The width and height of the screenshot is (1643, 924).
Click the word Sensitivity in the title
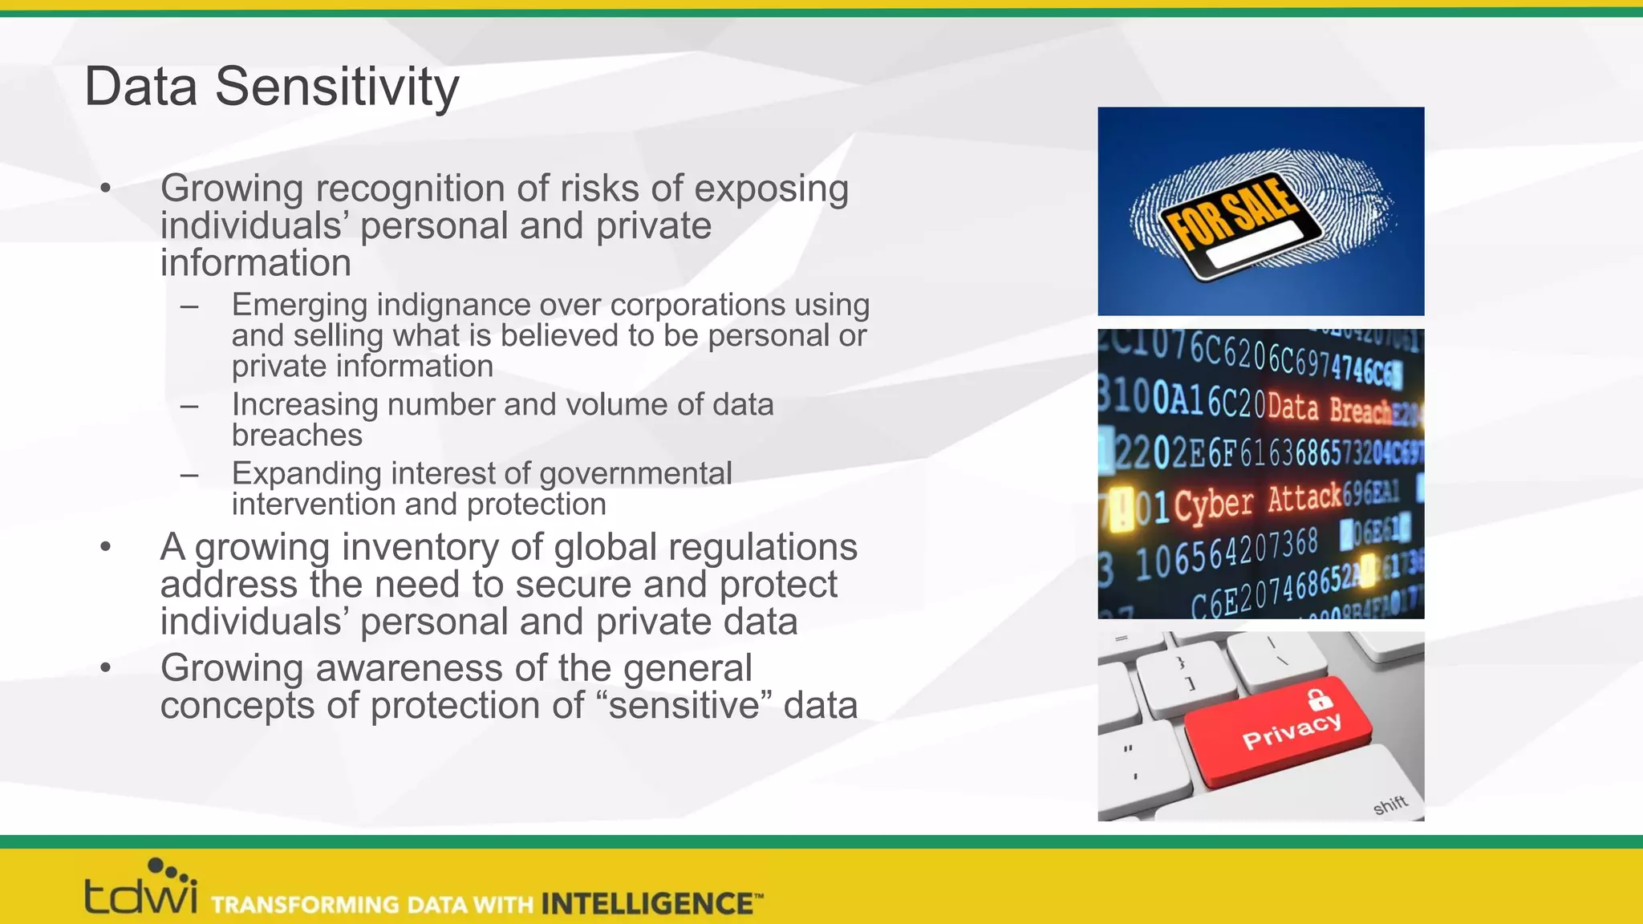(337, 87)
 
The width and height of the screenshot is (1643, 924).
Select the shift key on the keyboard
(1389, 804)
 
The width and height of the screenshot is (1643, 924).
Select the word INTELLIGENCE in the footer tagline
(646, 904)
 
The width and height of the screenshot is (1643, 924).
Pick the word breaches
(297, 435)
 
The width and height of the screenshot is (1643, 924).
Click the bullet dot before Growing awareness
(105, 667)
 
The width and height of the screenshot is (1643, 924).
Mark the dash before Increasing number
(189, 406)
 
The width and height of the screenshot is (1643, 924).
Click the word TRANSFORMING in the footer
(305, 905)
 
